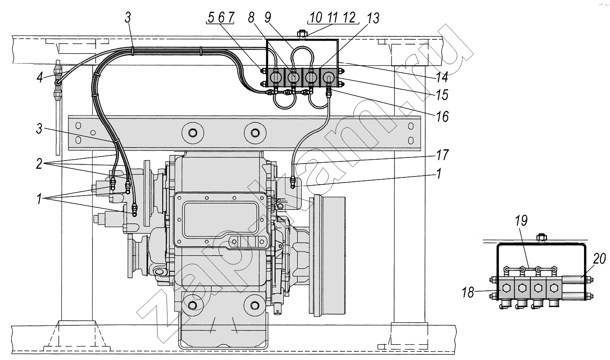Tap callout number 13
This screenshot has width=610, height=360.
373,18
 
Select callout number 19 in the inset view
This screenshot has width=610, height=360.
522,221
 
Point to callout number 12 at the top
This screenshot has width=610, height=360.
348,18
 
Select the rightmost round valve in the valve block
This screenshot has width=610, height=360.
328,78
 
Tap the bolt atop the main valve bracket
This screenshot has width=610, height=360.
302,33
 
